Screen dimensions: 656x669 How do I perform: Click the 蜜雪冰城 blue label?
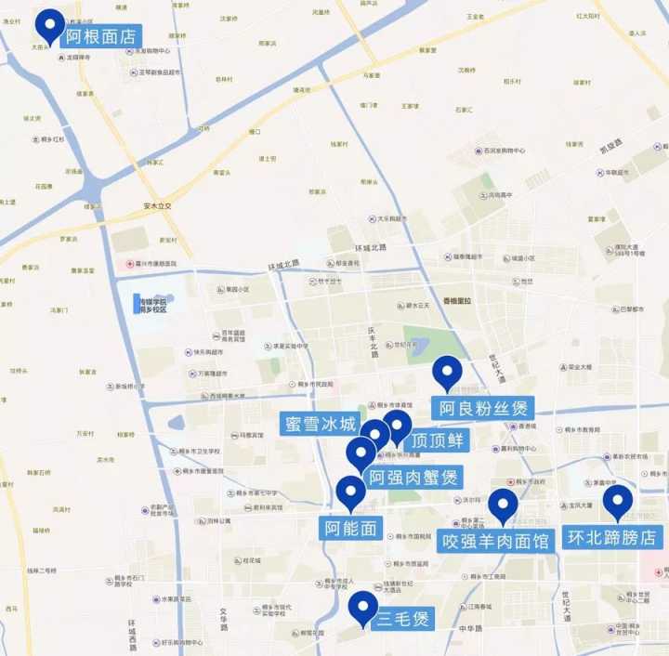pyautogui.click(x=321, y=425)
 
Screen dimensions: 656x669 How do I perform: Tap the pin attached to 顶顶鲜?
pyautogui.click(x=398, y=426)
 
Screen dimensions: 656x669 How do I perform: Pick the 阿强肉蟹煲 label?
pyautogui.click(x=413, y=479)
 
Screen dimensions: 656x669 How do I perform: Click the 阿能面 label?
pyautogui.click(x=351, y=529)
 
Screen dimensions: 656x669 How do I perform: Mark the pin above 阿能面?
pyautogui.click(x=350, y=491)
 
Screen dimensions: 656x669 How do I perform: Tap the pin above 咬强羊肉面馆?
pyautogui.click(x=503, y=505)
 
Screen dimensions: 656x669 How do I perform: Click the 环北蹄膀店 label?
pyautogui.click(x=612, y=537)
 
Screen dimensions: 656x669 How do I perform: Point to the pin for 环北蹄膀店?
pyautogui.click(x=617, y=502)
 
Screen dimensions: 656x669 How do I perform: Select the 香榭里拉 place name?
pyautogui.click(x=456, y=301)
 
